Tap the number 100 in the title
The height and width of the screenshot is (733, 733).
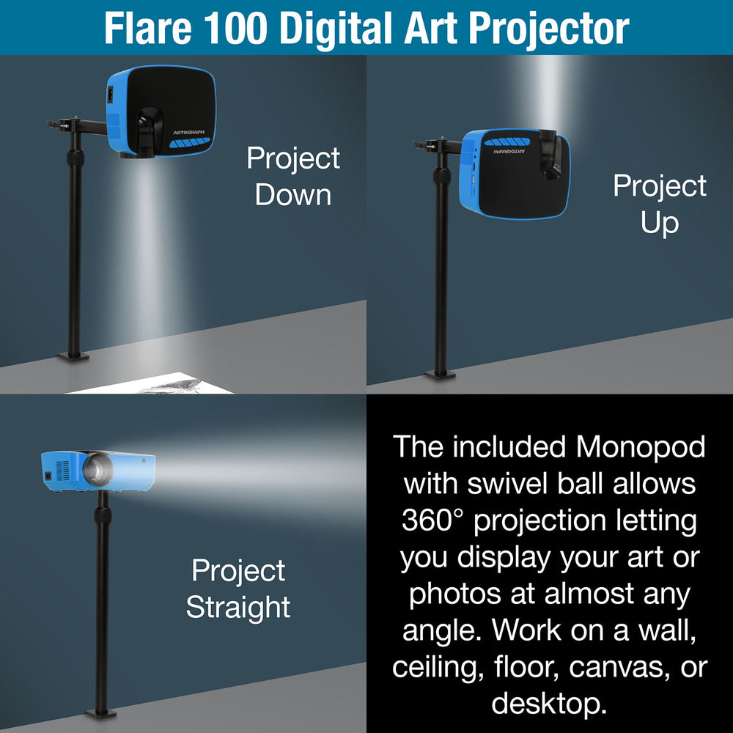239,27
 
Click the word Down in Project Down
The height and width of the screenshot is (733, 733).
293,195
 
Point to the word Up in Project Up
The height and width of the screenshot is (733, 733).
659,222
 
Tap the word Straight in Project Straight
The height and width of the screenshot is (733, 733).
238,607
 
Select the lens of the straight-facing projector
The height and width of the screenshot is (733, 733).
96,470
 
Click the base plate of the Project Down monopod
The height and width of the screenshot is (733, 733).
73,357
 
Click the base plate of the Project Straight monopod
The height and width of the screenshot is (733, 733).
100,712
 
